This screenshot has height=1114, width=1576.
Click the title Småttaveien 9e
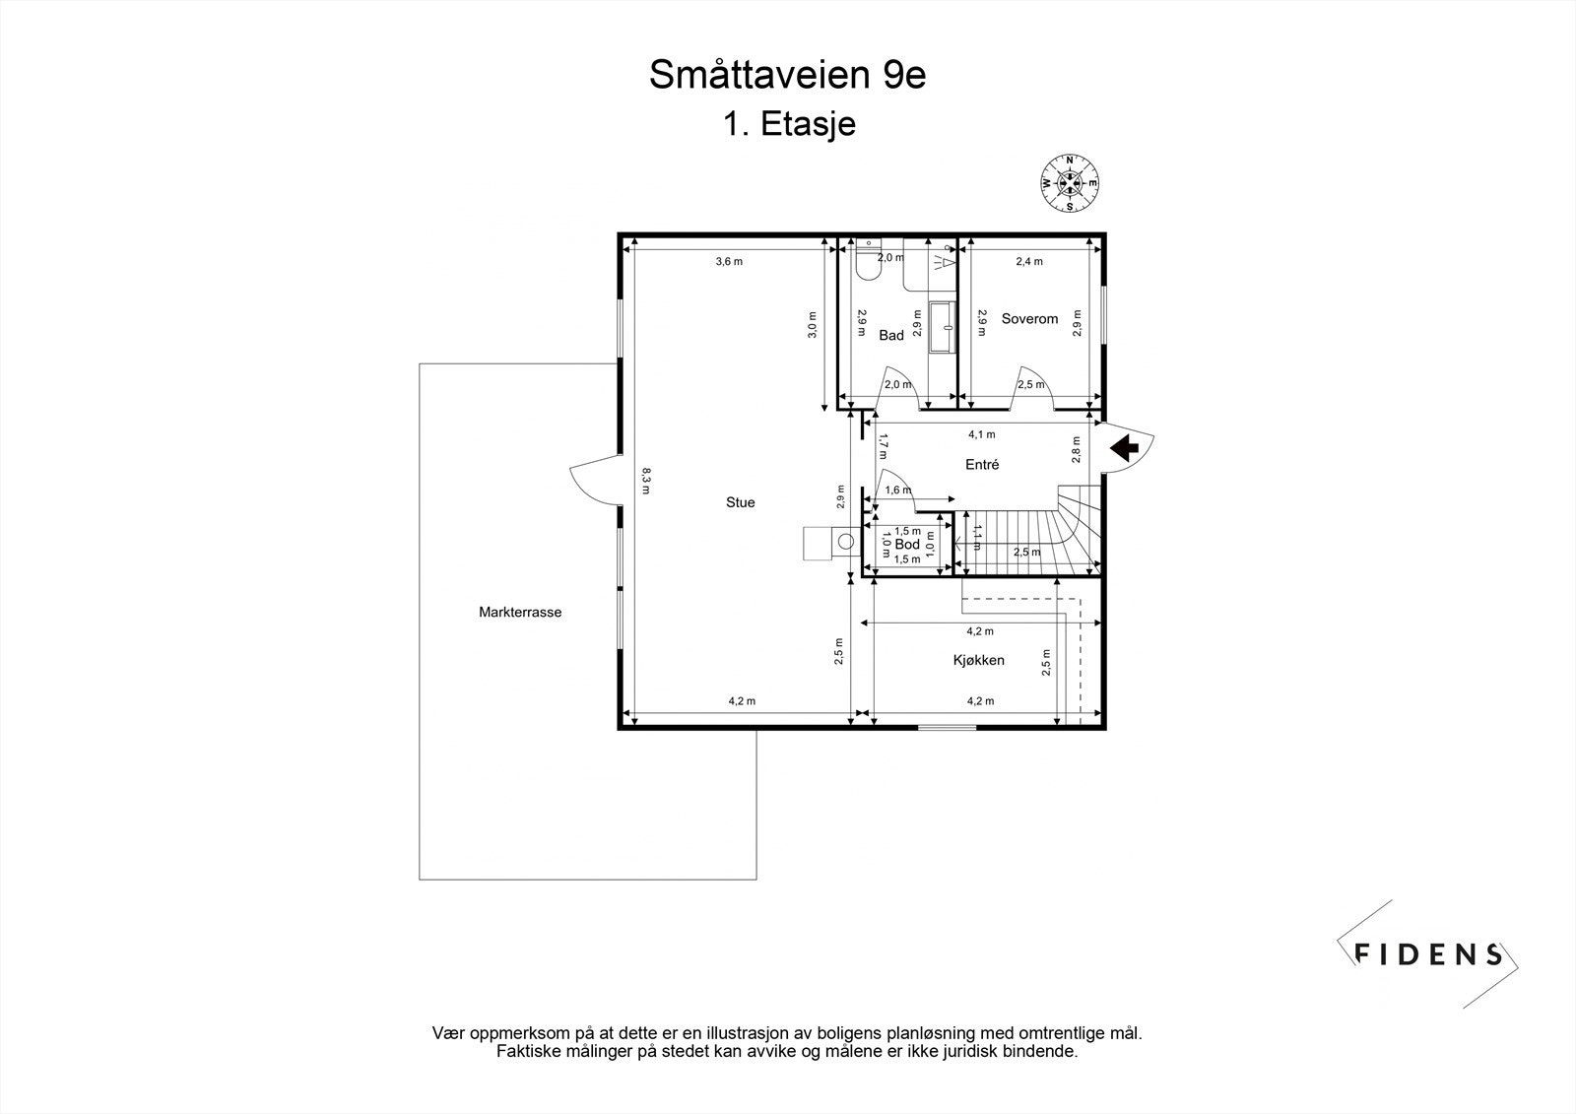pyautogui.click(x=787, y=76)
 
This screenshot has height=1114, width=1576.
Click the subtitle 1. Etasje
pyautogui.click(x=788, y=125)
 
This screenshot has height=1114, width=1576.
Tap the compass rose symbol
pyautogui.click(x=1071, y=182)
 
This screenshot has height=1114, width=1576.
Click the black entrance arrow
pyautogui.click(x=1124, y=448)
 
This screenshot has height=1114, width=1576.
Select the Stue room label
pyautogui.click(x=740, y=502)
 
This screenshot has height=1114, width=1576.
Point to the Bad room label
pyautogui.click(x=891, y=336)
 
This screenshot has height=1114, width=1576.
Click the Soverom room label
pyautogui.click(x=1029, y=319)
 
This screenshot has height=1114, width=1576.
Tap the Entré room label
pyautogui.click(x=982, y=464)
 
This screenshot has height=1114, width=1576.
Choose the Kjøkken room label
pyautogui.click(x=978, y=660)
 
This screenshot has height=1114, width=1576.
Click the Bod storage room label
pyautogui.click(x=907, y=545)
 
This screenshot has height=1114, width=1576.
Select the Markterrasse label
pyautogui.click(x=520, y=612)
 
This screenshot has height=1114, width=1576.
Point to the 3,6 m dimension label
pyautogui.click(x=729, y=261)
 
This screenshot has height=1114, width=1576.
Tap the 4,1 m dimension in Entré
pyautogui.click(x=981, y=433)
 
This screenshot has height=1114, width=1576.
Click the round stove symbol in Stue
pyautogui.click(x=845, y=541)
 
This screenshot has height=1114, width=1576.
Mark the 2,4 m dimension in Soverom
pyautogui.click(x=1029, y=261)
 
